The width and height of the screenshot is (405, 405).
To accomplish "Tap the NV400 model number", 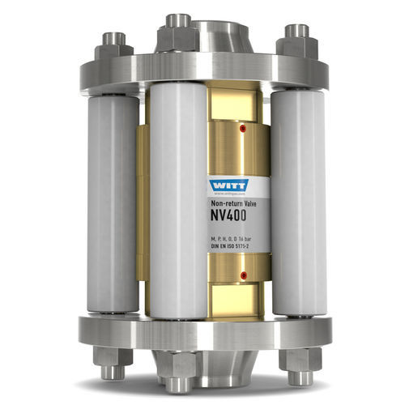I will (230, 217).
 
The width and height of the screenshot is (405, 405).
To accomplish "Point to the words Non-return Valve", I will (230, 204).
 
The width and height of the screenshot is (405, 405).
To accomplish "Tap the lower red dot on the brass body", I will (243, 275).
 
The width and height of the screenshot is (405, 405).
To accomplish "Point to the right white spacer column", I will (298, 202).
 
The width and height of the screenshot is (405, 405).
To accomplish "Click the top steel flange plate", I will (202, 69).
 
